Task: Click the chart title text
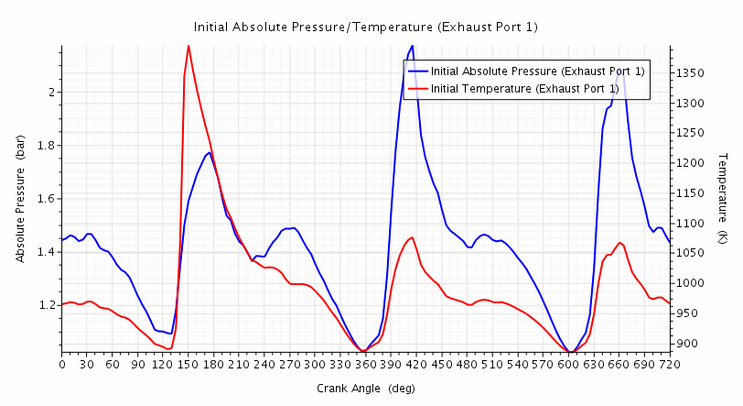pyautogui.click(x=366, y=27)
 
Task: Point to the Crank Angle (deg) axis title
pyautogui.click(x=366, y=388)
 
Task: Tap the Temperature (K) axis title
pyautogui.click(x=722, y=199)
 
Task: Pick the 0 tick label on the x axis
pyautogui.click(x=62, y=364)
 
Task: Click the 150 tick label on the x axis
pyautogui.click(x=188, y=364)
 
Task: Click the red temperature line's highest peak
pyautogui.click(x=188, y=45)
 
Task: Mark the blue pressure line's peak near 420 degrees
pyautogui.click(x=413, y=46)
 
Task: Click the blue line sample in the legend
pyautogui.click(x=417, y=71)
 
